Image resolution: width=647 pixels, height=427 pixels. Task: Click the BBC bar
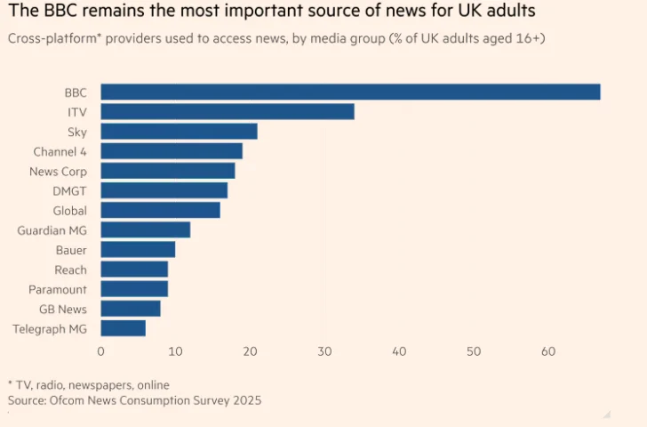pyautogui.click(x=350, y=92)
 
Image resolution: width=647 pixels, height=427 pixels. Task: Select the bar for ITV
pyautogui.click(x=228, y=111)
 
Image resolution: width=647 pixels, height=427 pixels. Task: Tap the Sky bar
pyautogui.click(x=179, y=131)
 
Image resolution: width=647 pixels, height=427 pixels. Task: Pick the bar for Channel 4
pyautogui.click(x=172, y=151)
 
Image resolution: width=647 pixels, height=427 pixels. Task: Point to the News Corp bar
pyautogui.click(x=168, y=171)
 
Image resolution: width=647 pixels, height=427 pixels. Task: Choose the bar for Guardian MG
pyautogui.click(x=145, y=230)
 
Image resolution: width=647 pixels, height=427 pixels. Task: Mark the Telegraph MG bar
pyautogui.click(x=123, y=328)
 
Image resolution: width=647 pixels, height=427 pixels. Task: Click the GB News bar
pyautogui.click(x=131, y=309)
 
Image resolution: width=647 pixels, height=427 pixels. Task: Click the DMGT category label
pyautogui.click(x=70, y=190)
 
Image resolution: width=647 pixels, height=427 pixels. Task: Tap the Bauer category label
pyautogui.click(x=71, y=250)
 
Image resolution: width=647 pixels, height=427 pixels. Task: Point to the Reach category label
pyautogui.click(x=70, y=270)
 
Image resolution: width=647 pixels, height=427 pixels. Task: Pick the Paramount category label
pyautogui.click(x=58, y=289)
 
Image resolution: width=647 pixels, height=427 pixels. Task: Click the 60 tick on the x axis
pyautogui.click(x=548, y=351)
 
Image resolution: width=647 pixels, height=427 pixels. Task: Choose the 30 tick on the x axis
pyautogui.click(x=324, y=351)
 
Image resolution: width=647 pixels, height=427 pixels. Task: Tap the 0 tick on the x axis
pyautogui.click(x=101, y=351)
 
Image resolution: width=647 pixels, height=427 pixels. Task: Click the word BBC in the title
pyautogui.click(x=56, y=13)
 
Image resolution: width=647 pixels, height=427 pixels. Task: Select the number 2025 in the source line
pyautogui.click(x=245, y=400)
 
